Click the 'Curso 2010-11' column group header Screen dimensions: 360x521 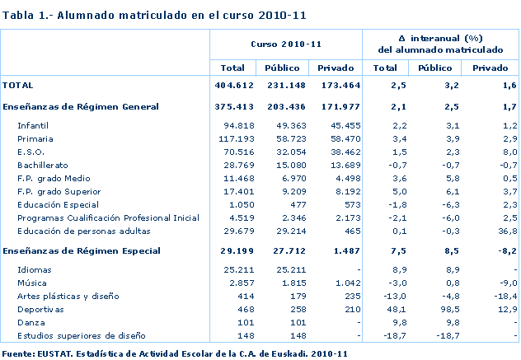point(285,43)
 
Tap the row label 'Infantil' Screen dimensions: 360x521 point(33,125)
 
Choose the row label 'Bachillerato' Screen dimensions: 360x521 point(43,165)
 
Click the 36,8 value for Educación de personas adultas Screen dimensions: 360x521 point(506,231)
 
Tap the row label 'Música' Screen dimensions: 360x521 point(31,283)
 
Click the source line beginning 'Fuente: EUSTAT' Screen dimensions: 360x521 point(174,353)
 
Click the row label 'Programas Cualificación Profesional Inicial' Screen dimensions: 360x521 point(108,217)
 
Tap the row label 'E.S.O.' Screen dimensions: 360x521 point(31,152)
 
